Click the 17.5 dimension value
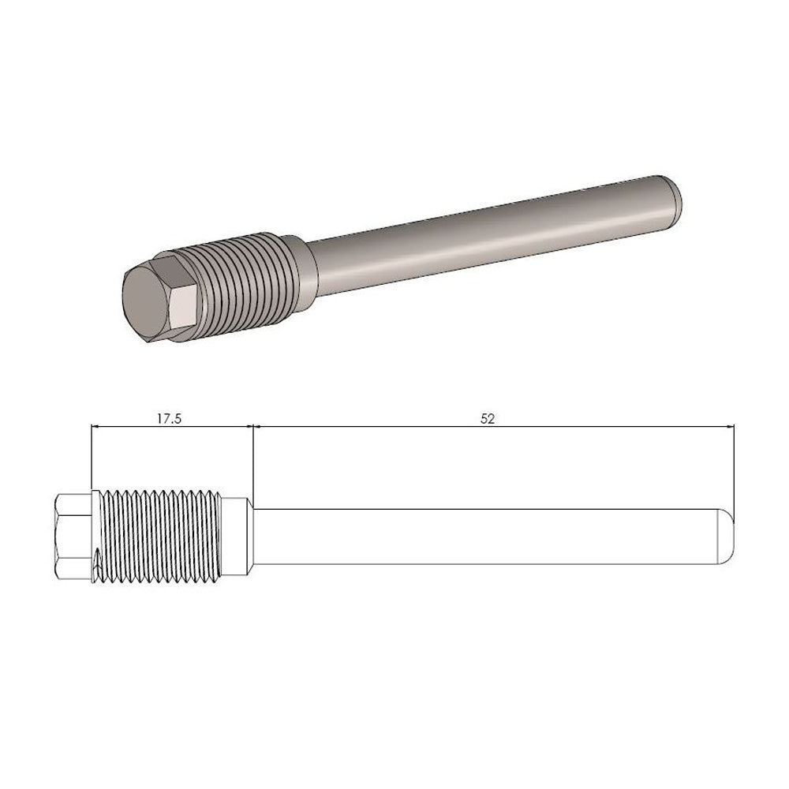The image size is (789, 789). pyautogui.click(x=168, y=419)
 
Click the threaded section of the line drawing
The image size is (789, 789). pyautogui.click(x=158, y=537)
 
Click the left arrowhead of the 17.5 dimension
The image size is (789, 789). pyautogui.click(x=96, y=428)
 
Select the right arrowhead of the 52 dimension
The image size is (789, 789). pyautogui.click(x=730, y=428)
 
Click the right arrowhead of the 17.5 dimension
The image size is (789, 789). pyautogui.click(x=248, y=428)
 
